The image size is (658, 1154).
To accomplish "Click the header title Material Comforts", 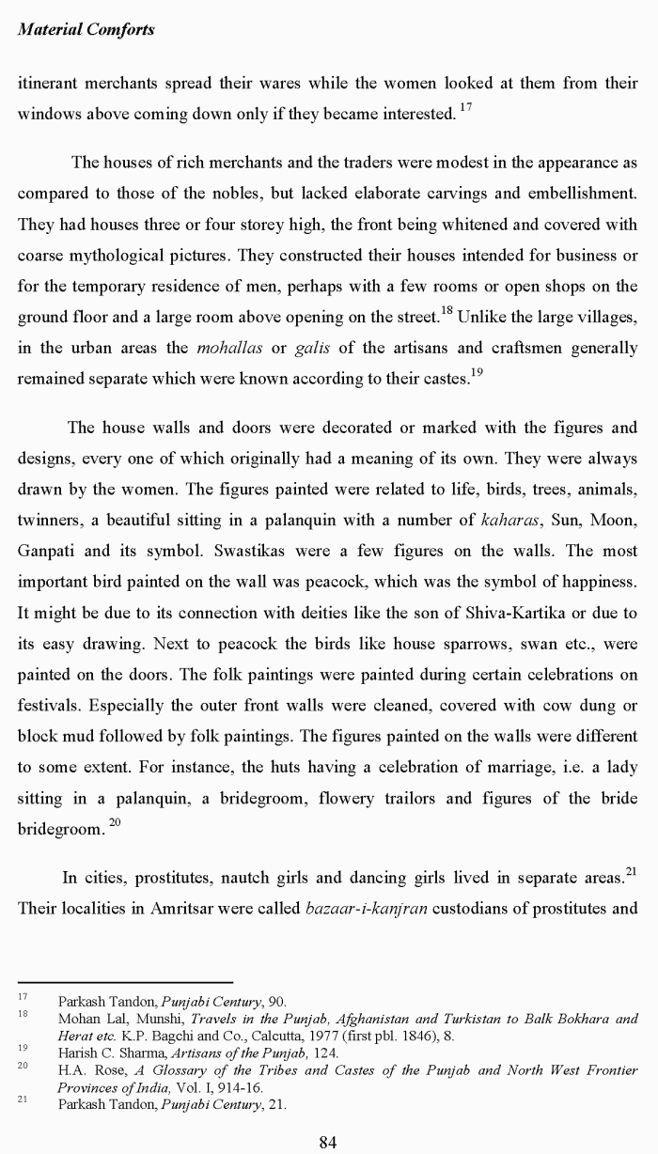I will (x=86, y=29).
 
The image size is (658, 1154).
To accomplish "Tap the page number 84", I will (x=328, y=1142).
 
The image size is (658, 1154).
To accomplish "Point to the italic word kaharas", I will (x=508, y=520).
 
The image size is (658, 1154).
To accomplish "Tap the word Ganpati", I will (x=47, y=551).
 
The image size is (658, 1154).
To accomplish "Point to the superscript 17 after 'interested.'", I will (x=467, y=108).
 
